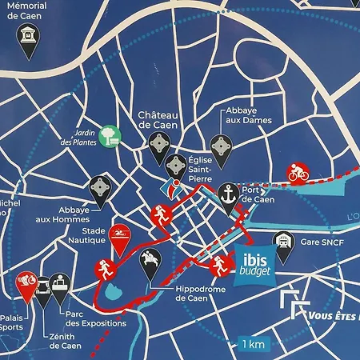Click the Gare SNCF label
(x=314, y=238)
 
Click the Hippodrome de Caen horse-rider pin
(x=150, y=260)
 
